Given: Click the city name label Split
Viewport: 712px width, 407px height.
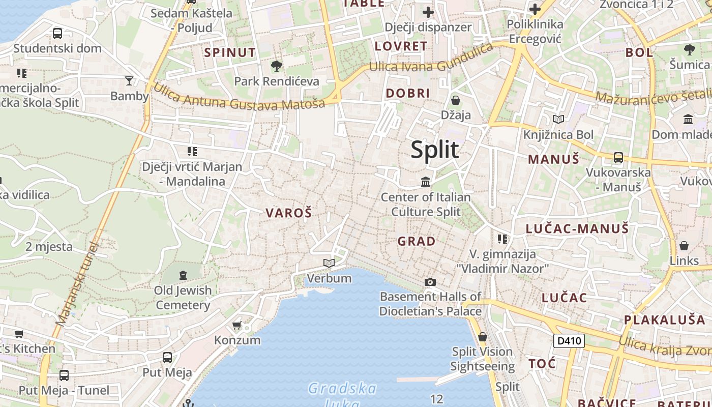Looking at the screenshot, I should [435, 150].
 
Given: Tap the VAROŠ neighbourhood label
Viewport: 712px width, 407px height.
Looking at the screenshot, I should [288, 213].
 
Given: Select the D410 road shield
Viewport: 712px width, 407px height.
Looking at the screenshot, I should [569, 340].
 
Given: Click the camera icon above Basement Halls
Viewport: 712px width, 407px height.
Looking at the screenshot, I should [430, 282].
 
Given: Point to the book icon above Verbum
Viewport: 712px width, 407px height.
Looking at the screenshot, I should [329, 263].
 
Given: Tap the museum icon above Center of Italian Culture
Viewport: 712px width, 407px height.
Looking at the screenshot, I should [426, 182].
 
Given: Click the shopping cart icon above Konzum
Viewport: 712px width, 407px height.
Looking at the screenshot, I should [236, 325].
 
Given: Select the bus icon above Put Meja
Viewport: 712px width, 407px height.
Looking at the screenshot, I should [167, 357].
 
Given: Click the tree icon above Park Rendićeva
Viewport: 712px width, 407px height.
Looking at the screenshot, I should [277, 66].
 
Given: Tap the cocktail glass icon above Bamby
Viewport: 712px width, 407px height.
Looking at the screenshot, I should [129, 80].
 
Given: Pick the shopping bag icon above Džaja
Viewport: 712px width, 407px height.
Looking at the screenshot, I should [456, 100].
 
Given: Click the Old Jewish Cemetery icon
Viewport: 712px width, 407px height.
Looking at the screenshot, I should [183, 275].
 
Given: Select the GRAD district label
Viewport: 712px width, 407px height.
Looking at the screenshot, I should [417, 241].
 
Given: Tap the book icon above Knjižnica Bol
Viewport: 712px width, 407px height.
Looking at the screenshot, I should [558, 119].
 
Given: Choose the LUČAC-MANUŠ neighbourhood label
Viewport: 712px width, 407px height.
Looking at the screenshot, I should [577, 228].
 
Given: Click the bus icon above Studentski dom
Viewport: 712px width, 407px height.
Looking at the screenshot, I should [57, 34].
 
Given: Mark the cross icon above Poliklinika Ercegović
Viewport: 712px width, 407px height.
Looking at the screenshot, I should [535, 9].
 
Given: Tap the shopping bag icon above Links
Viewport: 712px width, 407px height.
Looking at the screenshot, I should [684, 246].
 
